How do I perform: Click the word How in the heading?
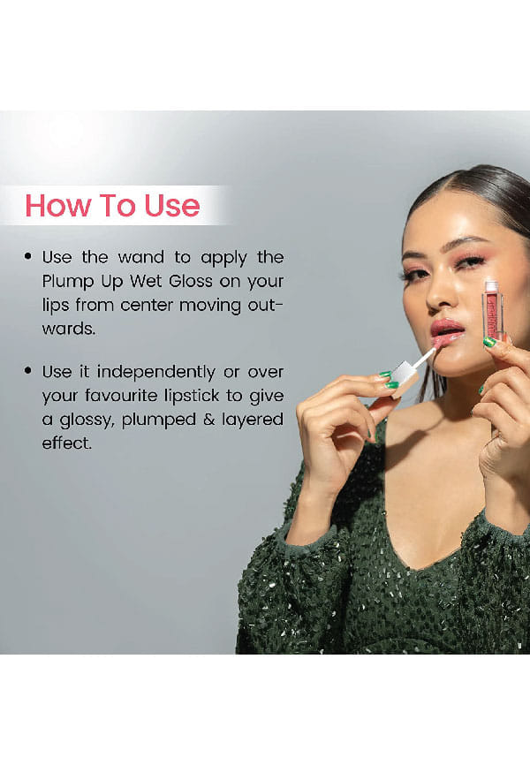58,206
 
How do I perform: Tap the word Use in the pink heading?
171,206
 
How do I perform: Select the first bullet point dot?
28,256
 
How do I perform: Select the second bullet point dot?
28,371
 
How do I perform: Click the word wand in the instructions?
141,257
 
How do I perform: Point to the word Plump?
67,282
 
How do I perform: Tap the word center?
147,306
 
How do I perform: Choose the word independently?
155,372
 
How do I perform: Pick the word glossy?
87,420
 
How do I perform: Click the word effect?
66,443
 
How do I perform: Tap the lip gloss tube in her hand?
493,310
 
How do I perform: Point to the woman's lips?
447,332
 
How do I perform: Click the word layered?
253,420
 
